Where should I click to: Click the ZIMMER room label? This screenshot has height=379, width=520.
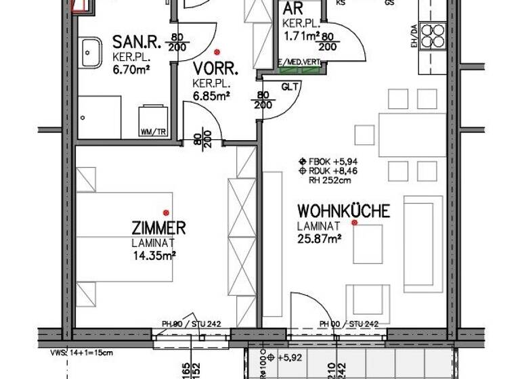(x=158, y=228)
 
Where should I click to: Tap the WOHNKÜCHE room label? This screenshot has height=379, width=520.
(x=343, y=211)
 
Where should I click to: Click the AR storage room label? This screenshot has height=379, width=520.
(x=292, y=9)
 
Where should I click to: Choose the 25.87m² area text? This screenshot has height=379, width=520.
(x=318, y=238)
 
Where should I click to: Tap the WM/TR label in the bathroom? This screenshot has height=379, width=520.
(x=152, y=132)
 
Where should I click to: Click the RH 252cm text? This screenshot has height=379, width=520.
(x=330, y=180)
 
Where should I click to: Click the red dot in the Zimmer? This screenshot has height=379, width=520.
(x=166, y=213)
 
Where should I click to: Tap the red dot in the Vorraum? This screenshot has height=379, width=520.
(x=217, y=52)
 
